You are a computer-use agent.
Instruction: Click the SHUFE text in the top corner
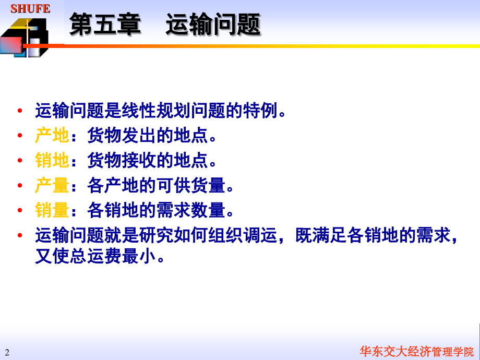pyautogui.click(x=30, y=9)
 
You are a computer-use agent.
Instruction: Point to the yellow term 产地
pyautogui.click(x=52, y=136)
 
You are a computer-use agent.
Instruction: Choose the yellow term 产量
pyautogui.click(x=52, y=186)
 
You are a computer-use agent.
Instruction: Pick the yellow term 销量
pyautogui.click(x=52, y=211)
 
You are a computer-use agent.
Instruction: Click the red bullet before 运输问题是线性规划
pyautogui.click(x=20, y=111)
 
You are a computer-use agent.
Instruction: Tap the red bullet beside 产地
pyautogui.click(x=20, y=136)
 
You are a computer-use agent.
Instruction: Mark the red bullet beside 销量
pyautogui.click(x=20, y=211)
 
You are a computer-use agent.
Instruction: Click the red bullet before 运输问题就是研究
pyautogui.click(x=20, y=236)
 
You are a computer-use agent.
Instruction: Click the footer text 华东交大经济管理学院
pyautogui.click(x=417, y=351)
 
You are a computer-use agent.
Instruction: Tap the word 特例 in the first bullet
pyautogui.click(x=261, y=111)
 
